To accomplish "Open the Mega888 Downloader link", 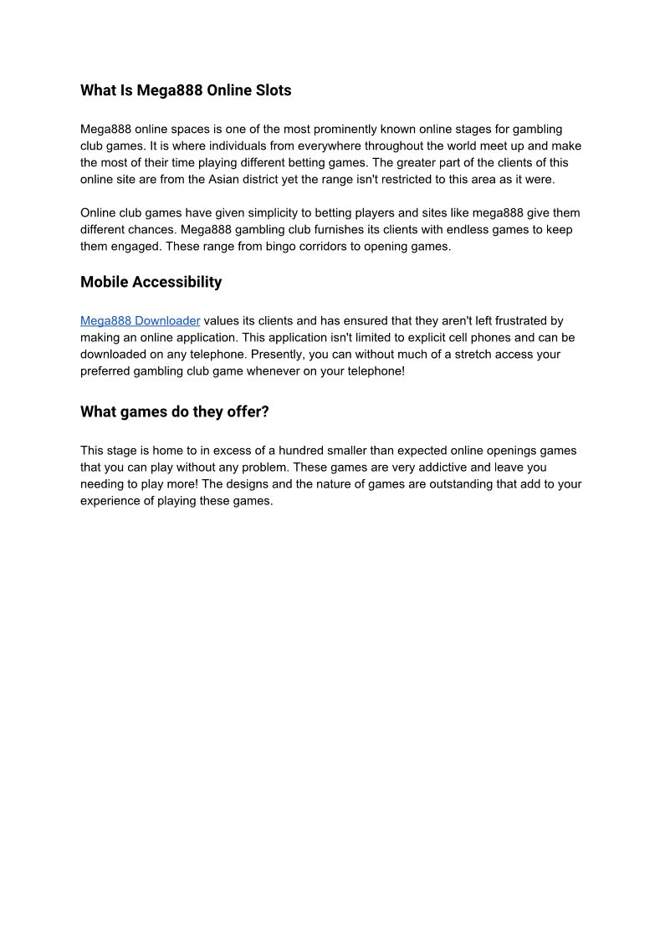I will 140,321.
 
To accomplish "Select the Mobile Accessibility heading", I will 151,282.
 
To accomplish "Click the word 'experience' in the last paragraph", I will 110,501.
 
